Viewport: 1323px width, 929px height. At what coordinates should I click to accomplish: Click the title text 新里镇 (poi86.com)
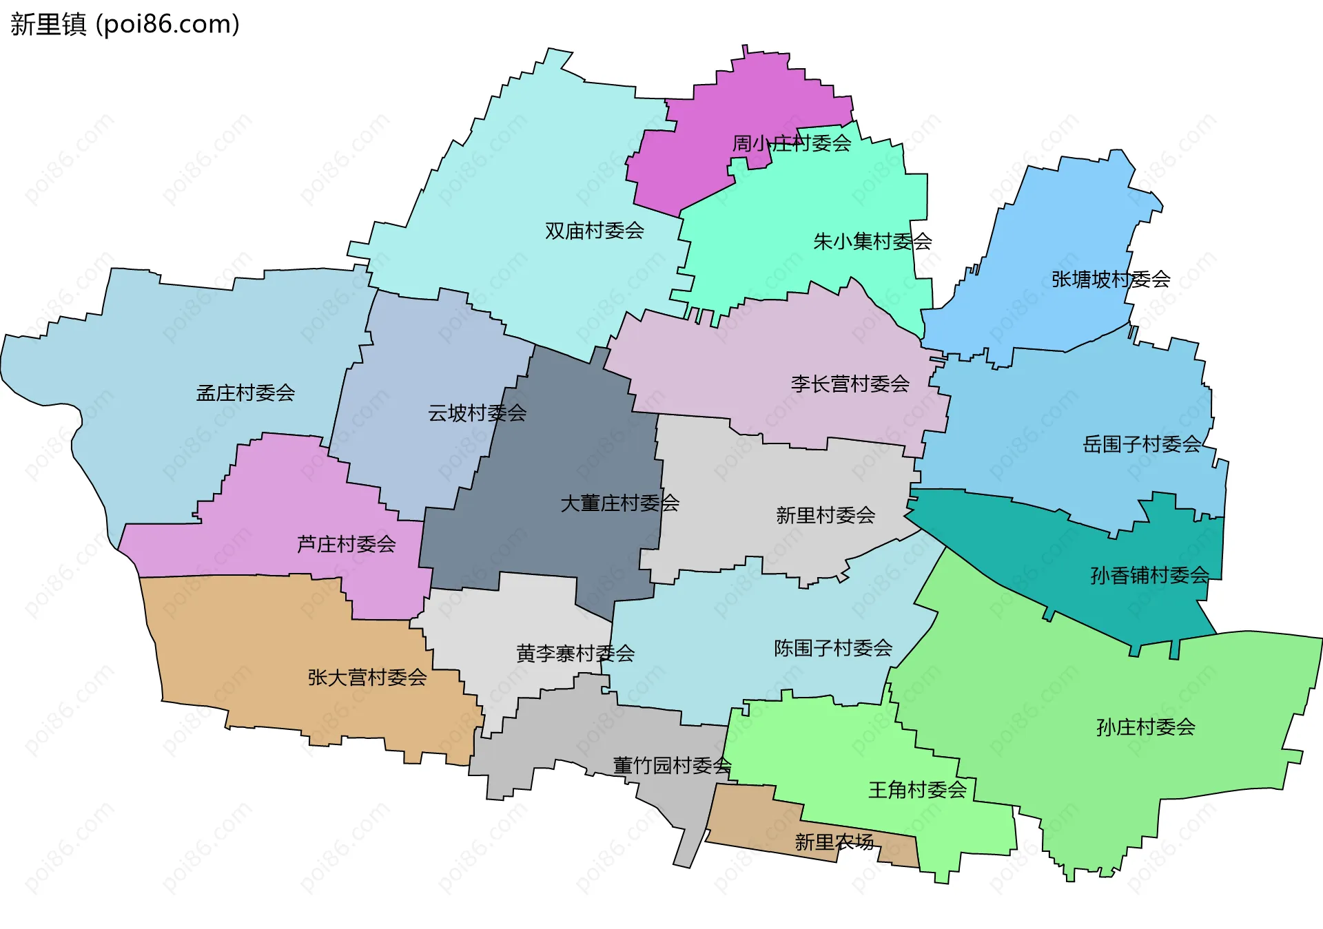125,24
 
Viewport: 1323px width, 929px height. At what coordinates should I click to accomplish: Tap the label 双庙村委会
594,231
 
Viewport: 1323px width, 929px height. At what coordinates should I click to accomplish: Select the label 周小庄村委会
791,143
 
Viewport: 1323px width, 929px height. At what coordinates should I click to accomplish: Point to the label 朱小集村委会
872,242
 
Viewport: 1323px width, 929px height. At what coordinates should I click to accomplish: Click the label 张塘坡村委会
1111,279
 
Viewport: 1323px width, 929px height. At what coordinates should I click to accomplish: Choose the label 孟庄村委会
245,393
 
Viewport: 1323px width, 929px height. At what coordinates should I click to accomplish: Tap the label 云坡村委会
477,413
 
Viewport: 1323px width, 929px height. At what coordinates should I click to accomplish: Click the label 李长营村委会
850,384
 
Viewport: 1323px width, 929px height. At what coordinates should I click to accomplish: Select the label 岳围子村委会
1142,444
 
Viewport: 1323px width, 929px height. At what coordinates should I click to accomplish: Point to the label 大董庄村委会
619,503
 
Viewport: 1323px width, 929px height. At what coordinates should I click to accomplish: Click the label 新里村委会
825,515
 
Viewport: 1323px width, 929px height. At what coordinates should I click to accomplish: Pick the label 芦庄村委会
346,545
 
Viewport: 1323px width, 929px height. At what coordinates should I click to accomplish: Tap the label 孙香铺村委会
1149,575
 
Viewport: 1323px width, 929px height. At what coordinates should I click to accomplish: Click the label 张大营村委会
367,678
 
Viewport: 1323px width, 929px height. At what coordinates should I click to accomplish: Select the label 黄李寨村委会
575,653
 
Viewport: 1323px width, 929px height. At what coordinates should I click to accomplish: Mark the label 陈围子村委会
832,648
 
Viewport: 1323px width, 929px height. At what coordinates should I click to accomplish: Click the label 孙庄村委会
1145,727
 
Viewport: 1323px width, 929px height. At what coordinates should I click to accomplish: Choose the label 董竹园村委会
672,766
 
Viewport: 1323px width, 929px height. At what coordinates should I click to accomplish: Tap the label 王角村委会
917,790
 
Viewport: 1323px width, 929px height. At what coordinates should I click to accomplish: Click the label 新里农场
834,842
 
